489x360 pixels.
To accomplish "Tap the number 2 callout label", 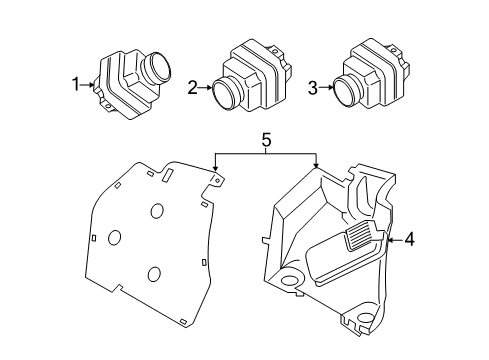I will click(x=192, y=88).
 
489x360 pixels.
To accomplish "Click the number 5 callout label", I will click(x=265, y=141).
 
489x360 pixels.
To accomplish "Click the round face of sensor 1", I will click(x=156, y=70).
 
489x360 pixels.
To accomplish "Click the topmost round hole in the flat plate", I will click(x=158, y=212).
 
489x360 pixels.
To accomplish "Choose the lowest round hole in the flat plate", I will click(x=153, y=276).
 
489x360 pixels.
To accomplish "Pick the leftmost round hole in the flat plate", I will click(x=113, y=238).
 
